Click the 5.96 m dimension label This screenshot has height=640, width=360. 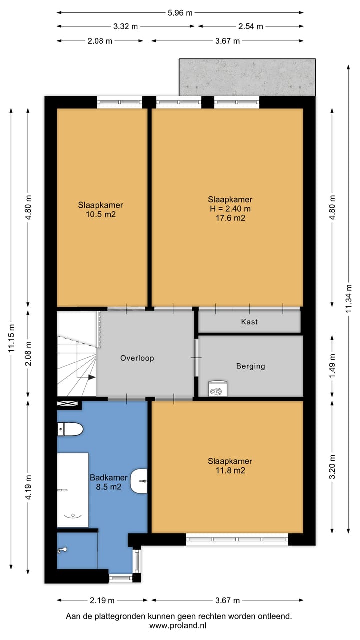(x=180, y=13)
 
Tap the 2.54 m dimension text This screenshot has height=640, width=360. (x=250, y=26)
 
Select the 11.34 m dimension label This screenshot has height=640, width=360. (x=348, y=298)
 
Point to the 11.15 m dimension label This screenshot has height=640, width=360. (x=11, y=338)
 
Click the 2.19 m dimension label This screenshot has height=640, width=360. (x=102, y=601)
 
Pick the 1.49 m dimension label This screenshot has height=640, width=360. (x=332, y=366)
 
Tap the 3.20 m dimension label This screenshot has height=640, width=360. (x=332, y=467)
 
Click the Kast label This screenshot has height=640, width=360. (x=249, y=322)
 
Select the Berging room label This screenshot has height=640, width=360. (x=250, y=366)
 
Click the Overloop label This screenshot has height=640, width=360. (x=137, y=358)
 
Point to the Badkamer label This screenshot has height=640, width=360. (x=109, y=477)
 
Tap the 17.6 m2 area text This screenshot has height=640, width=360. (x=230, y=218)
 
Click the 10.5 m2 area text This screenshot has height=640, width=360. (x=101, y=214)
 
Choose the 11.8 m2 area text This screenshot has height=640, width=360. (x=230, y=470)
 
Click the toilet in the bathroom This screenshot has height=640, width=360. (x=70, y=429)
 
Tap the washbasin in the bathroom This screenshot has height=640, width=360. (x=139, y=481)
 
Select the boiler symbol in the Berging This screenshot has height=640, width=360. (x=218, y=388)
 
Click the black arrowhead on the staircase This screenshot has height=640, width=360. (x=91, y=377)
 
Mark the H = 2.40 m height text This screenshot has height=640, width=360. (x=230, y=209)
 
